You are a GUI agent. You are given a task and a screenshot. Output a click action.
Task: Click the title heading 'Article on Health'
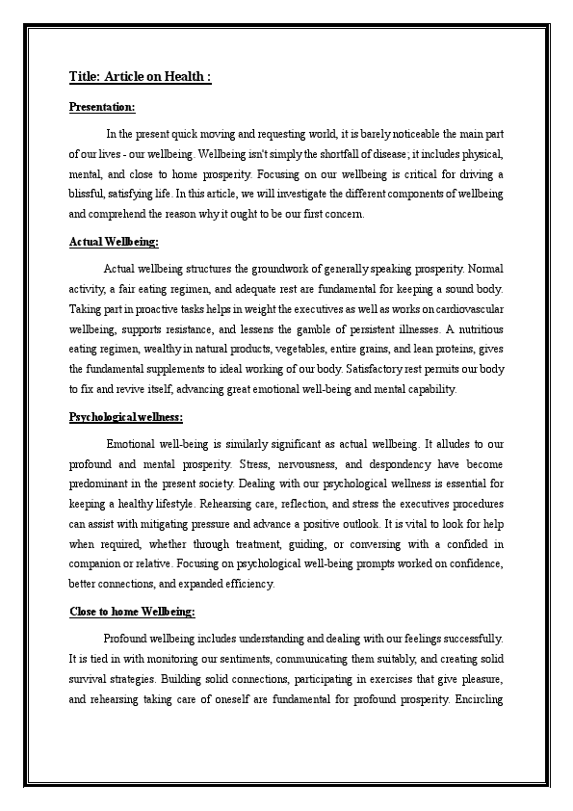click(141, 77)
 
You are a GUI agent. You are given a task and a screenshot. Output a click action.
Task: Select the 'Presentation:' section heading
click(102, 107)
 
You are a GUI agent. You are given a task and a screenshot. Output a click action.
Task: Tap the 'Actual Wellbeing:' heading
click(114, 241)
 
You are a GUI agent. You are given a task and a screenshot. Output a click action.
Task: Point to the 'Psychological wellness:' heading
click(126, 416)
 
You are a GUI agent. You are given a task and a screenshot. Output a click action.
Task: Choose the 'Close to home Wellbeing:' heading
click(132, 612)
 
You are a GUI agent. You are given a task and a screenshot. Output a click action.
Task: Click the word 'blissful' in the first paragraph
click(89, 194)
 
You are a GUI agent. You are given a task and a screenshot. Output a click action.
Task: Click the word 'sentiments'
click(235, 659)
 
